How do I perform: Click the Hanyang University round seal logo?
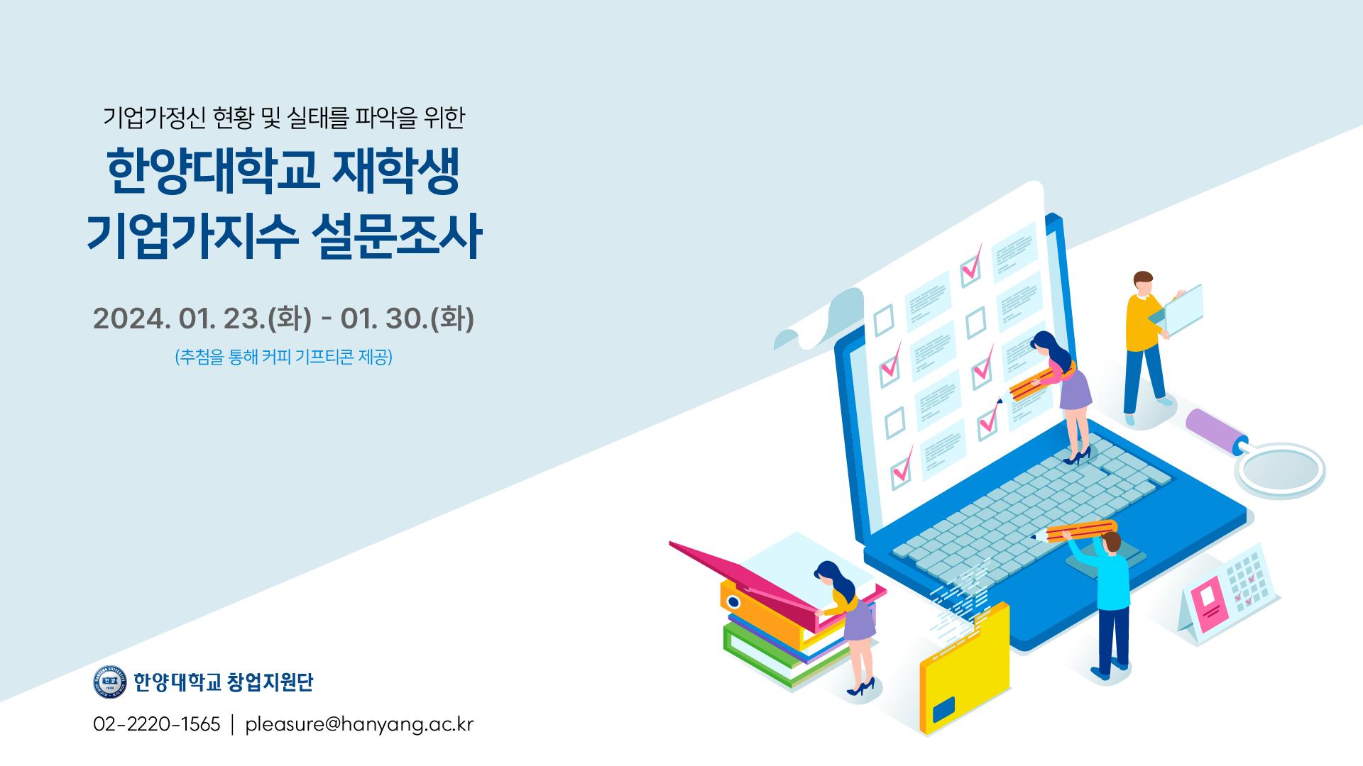coord(110,682)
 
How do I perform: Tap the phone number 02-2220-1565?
coord(157,724)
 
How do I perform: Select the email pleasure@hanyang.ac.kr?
coord(359,725)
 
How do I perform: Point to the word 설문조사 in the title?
coord(397,235)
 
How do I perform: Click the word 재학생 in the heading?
coord(396,171)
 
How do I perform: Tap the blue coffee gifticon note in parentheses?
coord(284,356)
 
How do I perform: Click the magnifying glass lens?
coord(1281,470)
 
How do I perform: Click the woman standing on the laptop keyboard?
coord(1063,397)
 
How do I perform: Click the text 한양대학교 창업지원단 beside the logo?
coord(224,682)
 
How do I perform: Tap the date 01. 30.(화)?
coord(407,318)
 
